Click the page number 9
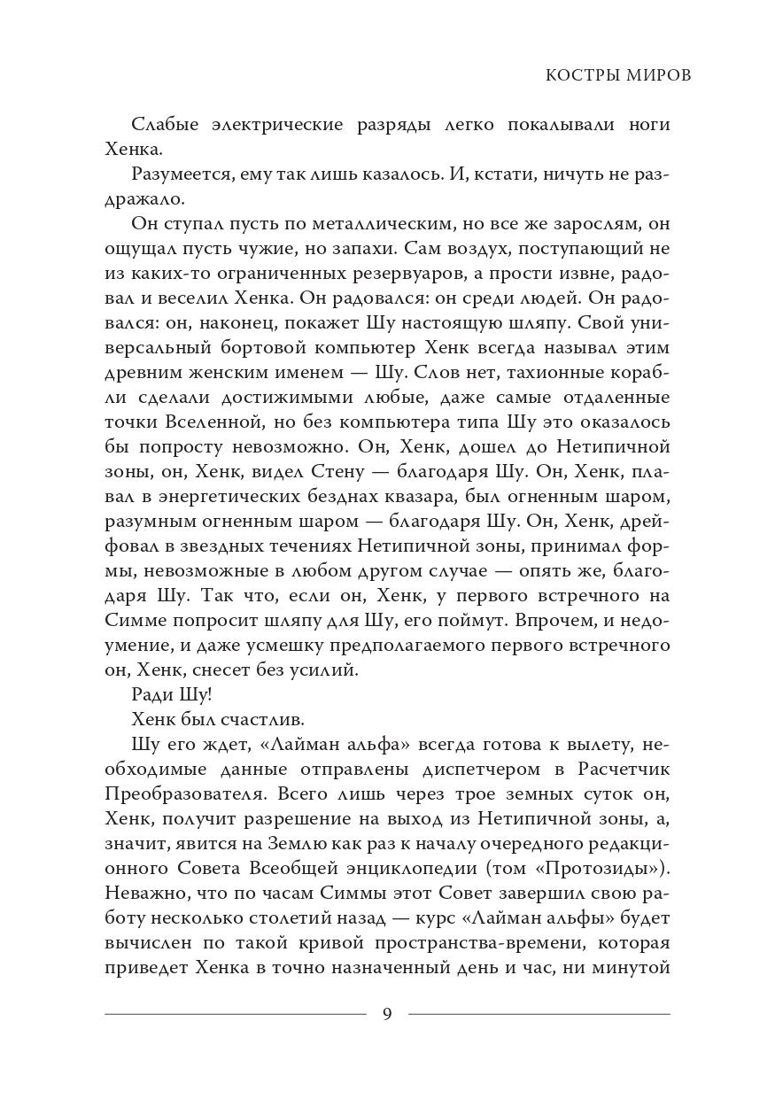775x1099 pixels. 387,1014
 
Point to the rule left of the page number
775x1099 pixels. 235,1014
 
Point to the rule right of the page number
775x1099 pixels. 539,1014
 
